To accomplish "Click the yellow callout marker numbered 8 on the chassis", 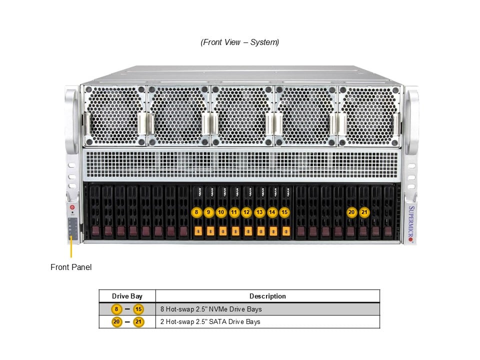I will pyautogui.click(x=197, y=212).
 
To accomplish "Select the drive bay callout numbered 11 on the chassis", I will pyautogui.click(x=234, y=212).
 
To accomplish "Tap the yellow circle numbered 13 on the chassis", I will pyautogui.click(x=259, y=212).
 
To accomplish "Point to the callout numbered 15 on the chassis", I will pyautogui.click(x=284, y=212).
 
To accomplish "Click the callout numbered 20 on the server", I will pyautogui.click(x=352, y=212).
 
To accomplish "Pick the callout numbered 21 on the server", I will pyautogui.click(x=364, y=212).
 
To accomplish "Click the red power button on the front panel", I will pyautogui.click(x=72, y=206).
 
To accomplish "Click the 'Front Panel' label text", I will pyautogui.click(x=71, y=267).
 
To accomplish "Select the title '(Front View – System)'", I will pyautogui.click(x=240, y=42).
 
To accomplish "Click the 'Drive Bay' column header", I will pyautogui.click(x=127, y=296).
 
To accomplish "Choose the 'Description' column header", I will pyautogui.click(x=267, y=296).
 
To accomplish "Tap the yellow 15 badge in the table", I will pyautogui.click(x=138, y=309).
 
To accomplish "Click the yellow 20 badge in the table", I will pyautogui.click(x=116, y=321).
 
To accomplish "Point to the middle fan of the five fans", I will pyautogui.click(x=242, y=116).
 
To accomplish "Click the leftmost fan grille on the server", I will pyautogui.click(x=114, y=116).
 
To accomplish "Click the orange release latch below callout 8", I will pyautogui.click(x=197, y=231).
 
